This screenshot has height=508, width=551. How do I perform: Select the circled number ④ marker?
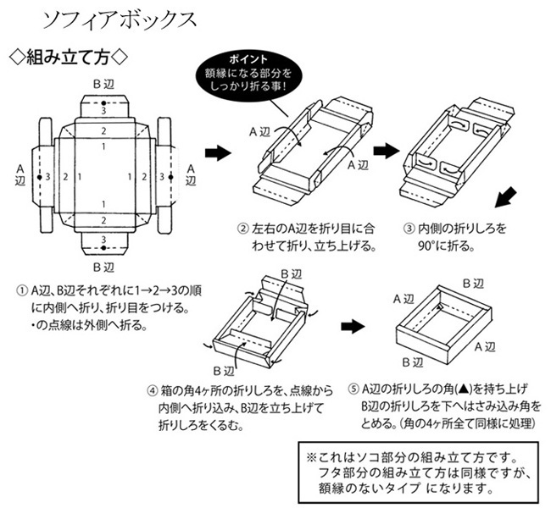[152, 391]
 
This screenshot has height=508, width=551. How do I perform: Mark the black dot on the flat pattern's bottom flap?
[103, 249]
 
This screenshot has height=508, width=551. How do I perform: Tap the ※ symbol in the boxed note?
[310, 457]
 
